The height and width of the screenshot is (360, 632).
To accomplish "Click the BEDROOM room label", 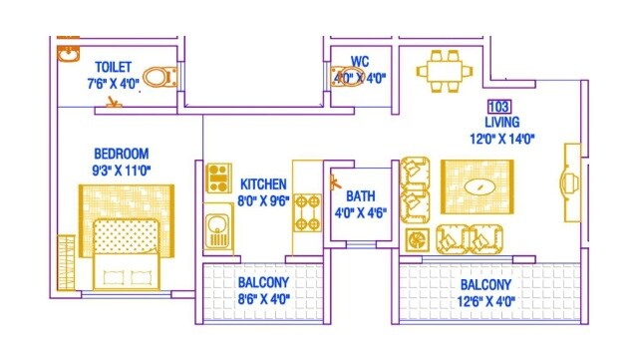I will point(121,154).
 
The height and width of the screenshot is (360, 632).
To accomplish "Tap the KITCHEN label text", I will point(264,184).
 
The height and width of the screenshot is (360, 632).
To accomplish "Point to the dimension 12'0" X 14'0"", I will point(503,140).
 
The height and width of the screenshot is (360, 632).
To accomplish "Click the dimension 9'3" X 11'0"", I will point(121,170).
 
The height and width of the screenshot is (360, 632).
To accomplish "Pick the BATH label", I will point(359,196).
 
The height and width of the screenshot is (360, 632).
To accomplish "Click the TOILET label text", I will point(113,67).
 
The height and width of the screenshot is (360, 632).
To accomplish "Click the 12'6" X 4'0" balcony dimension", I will point(487,298).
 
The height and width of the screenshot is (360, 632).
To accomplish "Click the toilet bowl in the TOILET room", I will point(158,76).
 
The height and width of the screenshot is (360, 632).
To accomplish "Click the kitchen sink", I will point(217,231).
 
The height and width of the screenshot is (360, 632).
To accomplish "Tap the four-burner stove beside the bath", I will point(306,210).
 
